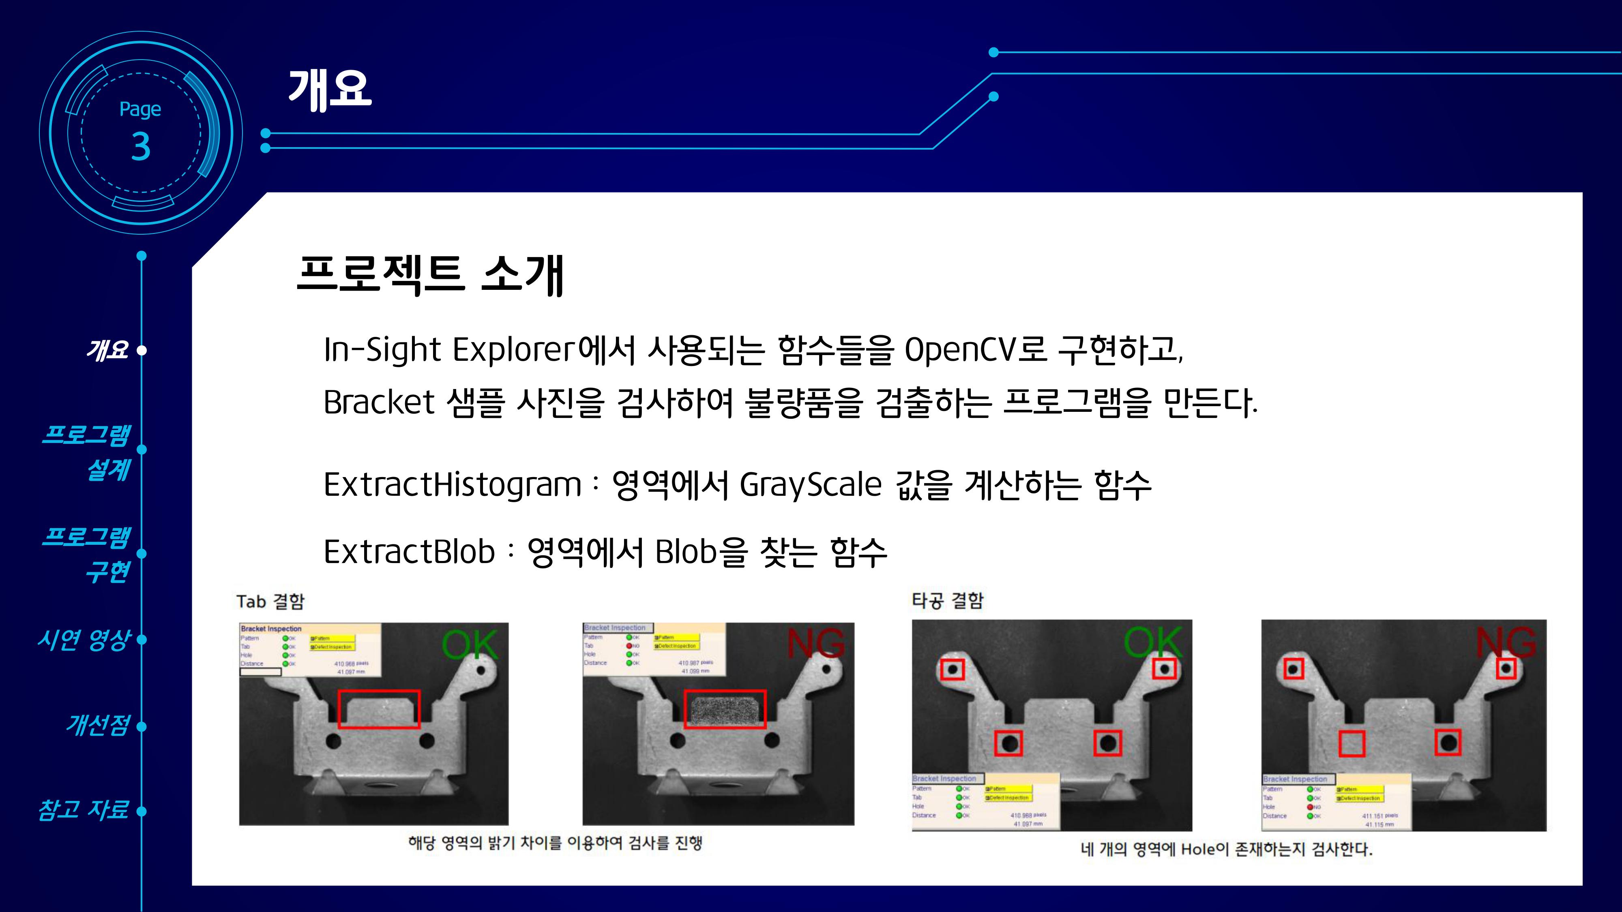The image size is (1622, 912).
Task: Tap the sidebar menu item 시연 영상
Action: click(x=84, y=640)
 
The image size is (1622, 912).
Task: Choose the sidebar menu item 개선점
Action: click(x=98, y=725)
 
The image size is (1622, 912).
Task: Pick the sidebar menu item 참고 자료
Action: click(x=84, y=809)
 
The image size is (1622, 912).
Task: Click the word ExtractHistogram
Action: click(x=452, y=485)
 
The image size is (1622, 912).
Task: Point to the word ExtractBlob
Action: click(x=409, y=552)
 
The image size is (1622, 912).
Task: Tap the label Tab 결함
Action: click(x=270, y=602)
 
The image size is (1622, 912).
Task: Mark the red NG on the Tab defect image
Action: click(x=815, y=643)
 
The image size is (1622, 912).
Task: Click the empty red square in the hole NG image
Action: click(x=1351, y=744)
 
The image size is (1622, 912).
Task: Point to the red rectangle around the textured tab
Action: click(x=725, y=709)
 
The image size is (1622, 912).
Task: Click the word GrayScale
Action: click(x=810, y=485)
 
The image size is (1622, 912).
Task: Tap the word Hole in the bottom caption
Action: click(x=1197, y=850)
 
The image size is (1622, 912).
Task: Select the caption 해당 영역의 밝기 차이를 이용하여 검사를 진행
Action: click(x=555, y=843)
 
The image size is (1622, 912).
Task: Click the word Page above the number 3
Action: click(x=140, y=109)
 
